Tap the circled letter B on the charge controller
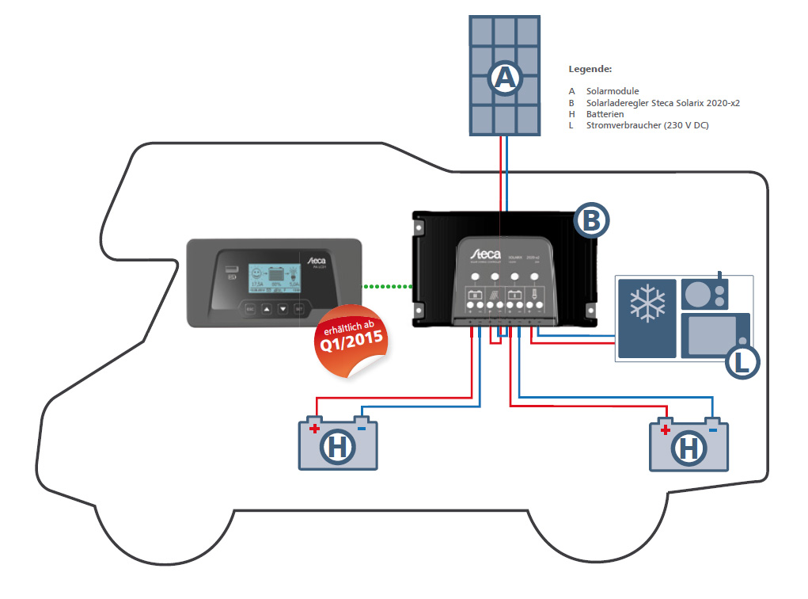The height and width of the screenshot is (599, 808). click(x=590, y=220)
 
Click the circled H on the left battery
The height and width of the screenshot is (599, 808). click(x=338, y=449)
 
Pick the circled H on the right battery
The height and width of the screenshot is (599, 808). click(x=689, y=449)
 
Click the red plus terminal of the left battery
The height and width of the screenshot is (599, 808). click(x=314, y=429)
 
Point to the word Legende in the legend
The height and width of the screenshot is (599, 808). click(x=590, y=70)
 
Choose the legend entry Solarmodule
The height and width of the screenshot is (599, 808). click(x=613, y=91)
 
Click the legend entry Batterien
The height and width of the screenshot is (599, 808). click(x=605, y=114)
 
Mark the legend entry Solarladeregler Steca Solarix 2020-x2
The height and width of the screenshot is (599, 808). click(x=663, y=103)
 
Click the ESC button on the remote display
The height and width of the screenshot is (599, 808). click(x=249, y=308)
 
